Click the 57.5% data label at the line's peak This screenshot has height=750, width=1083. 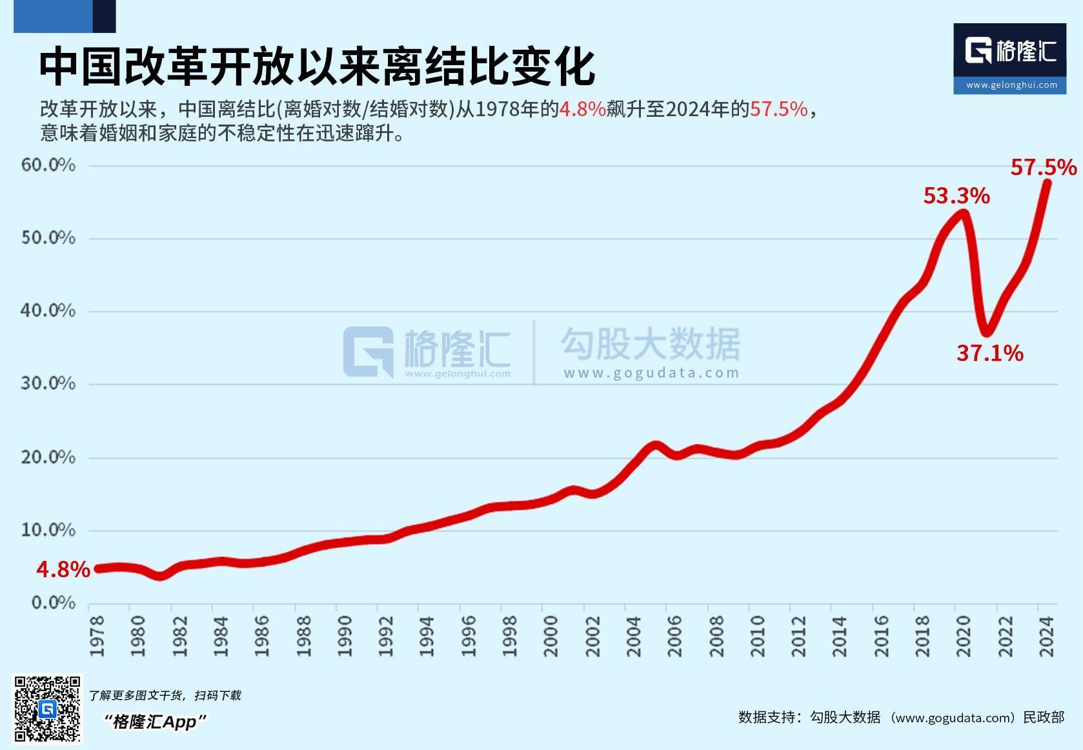1043,168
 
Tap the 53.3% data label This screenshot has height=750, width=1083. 956,196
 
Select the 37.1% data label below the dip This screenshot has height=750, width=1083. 989,353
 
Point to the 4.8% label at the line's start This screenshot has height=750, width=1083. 63,569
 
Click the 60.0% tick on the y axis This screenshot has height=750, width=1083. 48,165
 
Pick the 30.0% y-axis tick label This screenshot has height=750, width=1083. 48,383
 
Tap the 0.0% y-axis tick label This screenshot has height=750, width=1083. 53,603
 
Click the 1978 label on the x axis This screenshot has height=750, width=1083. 97,636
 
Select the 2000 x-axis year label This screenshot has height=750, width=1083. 551,636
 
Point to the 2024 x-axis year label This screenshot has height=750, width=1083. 1046,636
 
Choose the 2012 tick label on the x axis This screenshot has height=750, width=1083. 798,636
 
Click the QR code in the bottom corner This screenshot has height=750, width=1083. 48,709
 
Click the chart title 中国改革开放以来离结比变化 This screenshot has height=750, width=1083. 316,66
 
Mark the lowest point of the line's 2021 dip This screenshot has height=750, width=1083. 986,332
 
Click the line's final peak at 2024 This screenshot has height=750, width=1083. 1047,183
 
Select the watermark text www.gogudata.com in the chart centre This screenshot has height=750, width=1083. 651,373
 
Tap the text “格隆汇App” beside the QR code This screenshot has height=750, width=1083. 156,721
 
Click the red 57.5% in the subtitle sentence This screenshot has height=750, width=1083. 778,109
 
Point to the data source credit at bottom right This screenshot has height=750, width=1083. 901,717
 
